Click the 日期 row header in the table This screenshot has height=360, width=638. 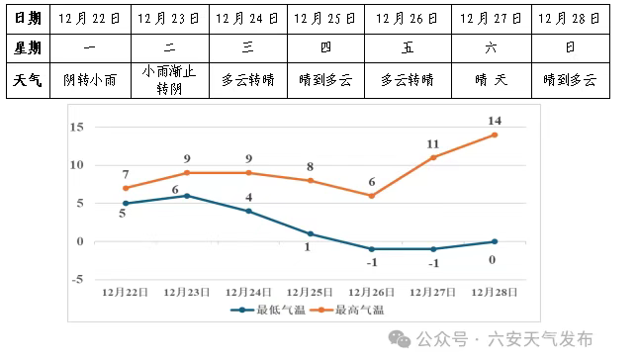coord(27,18)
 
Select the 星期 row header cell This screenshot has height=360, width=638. coord(27,47)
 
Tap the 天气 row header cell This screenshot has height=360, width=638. coord(27,80)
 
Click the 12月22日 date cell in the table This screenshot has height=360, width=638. coord(90,18)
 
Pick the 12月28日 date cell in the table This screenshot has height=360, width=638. coord(571,18)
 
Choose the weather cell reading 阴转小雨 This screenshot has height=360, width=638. coord(90,80)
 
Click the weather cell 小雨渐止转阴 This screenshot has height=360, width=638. coord(170,80)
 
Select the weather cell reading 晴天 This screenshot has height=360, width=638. coord(491,80)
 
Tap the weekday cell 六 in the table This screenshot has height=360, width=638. coord(491,47)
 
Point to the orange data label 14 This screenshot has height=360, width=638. coord(495,121)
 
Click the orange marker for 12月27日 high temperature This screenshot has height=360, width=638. coord(433,157)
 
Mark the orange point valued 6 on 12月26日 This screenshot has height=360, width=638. coord(371,196)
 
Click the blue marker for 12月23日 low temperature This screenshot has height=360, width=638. coord(187,196)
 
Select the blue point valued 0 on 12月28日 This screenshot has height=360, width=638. coord(495,241)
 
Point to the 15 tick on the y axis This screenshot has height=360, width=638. coord(76,128)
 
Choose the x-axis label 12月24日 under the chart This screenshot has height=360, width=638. coord(248,293)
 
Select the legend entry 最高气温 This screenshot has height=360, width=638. coord(351,311)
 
